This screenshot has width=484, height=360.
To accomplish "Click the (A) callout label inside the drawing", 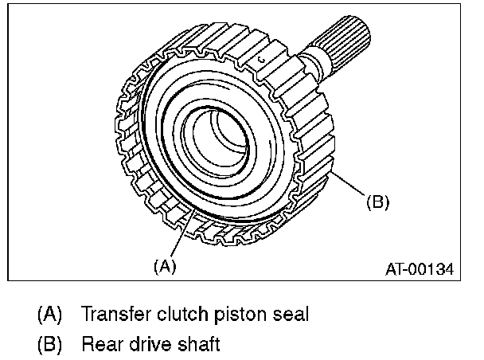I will (163, 267).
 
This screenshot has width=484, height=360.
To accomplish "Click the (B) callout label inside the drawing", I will (377, 202).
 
